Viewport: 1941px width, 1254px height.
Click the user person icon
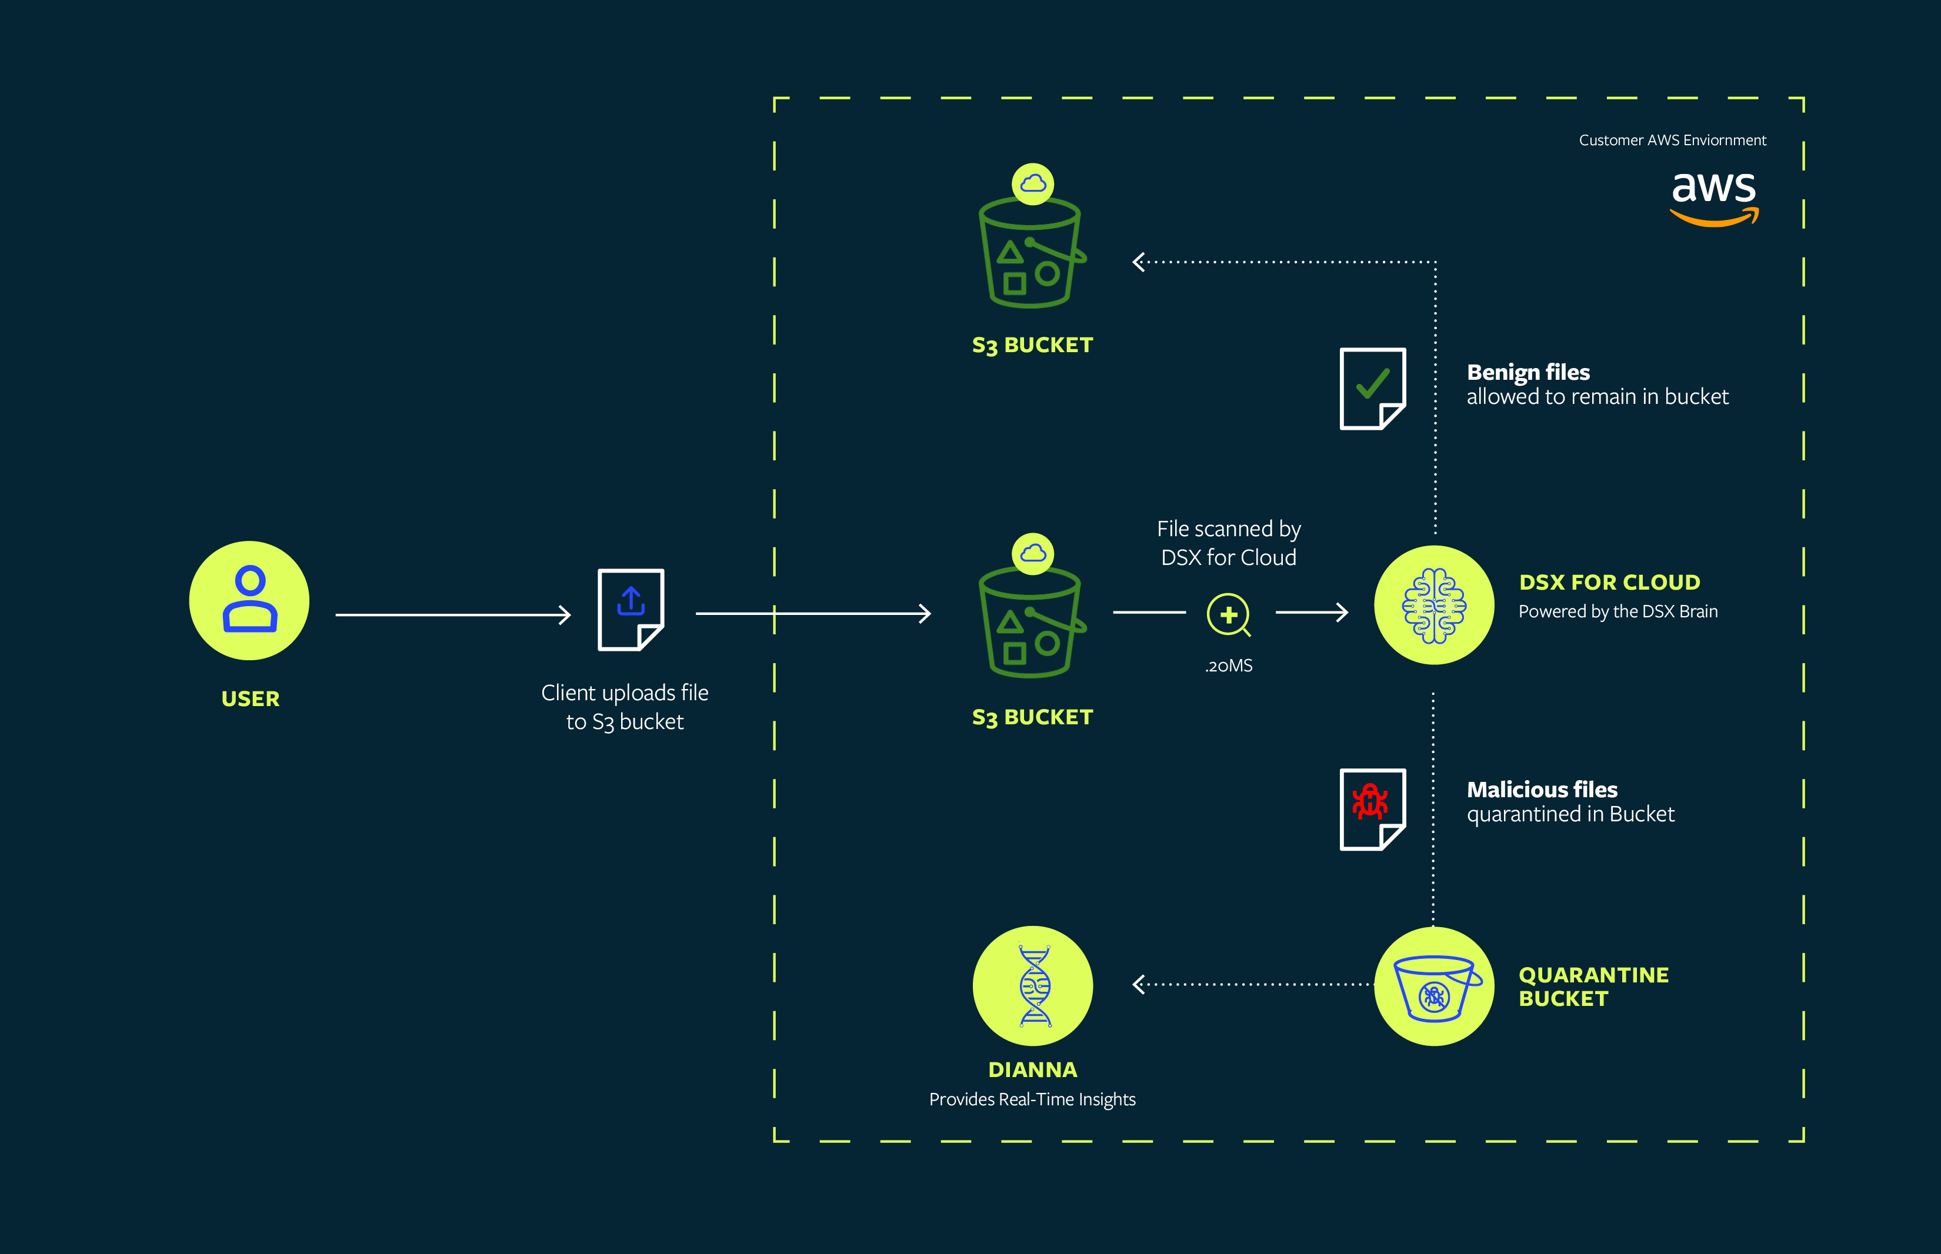(249, 600)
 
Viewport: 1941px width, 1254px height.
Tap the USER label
(250, 698)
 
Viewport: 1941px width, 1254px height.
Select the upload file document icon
(631, 609)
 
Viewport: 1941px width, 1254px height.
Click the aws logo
(1714, 198)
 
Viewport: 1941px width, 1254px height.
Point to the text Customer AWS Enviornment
(1672, 140)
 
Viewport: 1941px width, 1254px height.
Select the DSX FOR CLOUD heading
(1609, 582)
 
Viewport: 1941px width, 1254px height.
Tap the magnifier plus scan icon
(1228, 615)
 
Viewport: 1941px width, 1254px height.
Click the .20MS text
(1228, 666)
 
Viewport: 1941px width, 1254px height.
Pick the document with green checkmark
(1372, 389)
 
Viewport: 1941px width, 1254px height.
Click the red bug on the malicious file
(1370, 801)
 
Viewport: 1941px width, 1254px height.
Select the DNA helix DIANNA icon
(1033, 985)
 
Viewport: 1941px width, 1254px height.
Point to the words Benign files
(1528, 372)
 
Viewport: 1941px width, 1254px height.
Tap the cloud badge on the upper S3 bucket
(1033, 184)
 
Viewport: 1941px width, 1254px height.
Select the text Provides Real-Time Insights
(1032, 1099)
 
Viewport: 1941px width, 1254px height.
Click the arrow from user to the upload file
(452, 615)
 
